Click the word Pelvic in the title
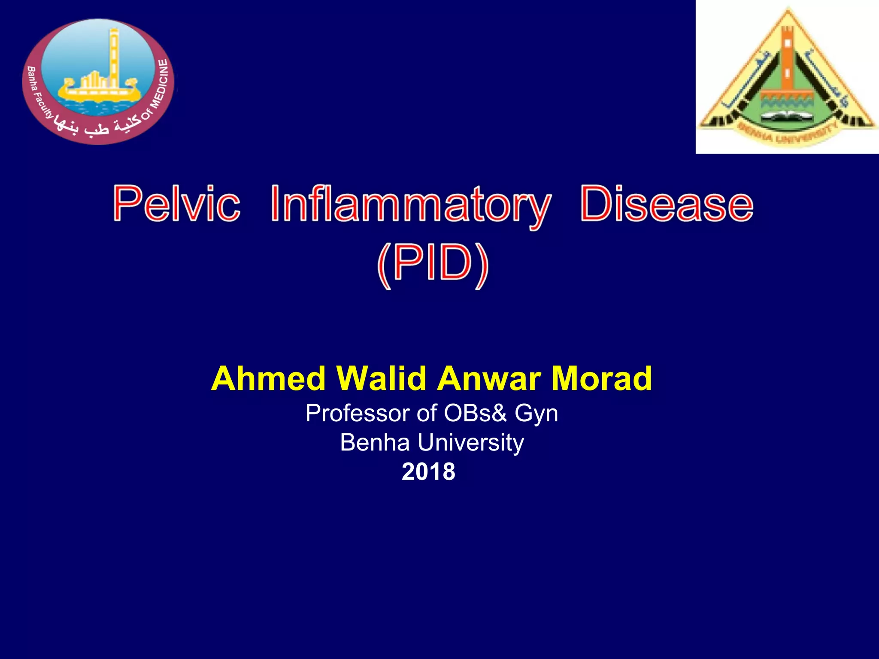tap(176, 204)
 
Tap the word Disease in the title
tap(667, 204)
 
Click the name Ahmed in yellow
tap(268, 379)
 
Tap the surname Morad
tap(602, 379)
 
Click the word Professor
tap(357, 414)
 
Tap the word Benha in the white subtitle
tap(375, 442)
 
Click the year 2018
tap(428, 472)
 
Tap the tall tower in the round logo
tap(114, 56)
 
